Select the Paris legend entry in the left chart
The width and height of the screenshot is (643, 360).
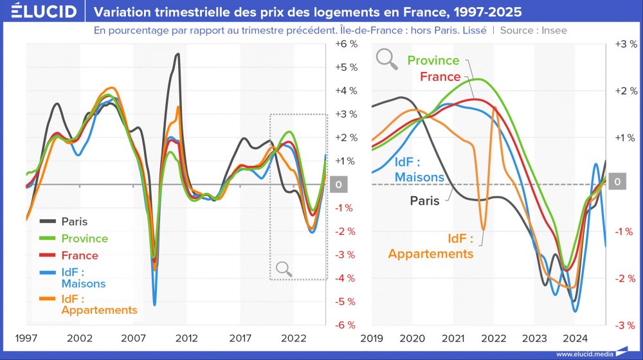[74, 222]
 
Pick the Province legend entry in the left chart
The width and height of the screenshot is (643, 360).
[84, 239]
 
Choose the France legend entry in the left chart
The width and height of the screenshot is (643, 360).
[80, 255]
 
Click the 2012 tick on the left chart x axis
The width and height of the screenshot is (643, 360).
[186, 338]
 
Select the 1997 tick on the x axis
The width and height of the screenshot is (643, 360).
[26, 338]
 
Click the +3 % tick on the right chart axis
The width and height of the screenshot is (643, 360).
[625, 44]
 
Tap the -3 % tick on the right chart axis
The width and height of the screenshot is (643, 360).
[625, 325]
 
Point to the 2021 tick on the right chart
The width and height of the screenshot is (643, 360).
[453, 338]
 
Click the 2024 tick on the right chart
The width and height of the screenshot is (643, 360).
[575, 338]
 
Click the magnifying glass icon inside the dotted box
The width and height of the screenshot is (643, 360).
[284, 269]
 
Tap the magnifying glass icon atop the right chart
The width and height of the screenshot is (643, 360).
[387, 59]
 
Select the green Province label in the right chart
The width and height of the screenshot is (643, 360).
[433, 60]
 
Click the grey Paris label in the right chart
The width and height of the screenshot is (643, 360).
[425, 201]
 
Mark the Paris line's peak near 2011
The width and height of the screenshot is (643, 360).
[177, 55]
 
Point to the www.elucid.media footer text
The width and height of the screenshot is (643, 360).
[584, 354]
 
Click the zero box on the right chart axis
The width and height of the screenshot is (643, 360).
[617, 183]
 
